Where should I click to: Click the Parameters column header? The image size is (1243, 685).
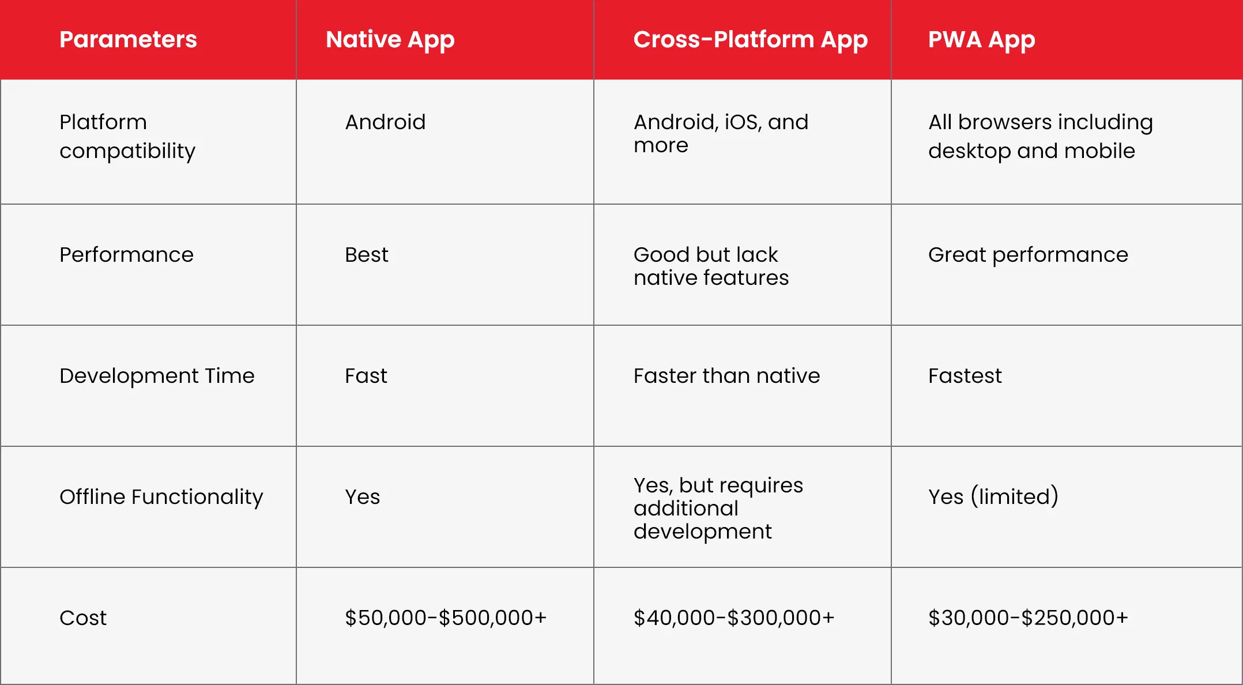point(128,39)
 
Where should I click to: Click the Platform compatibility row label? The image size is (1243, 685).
point(127,137)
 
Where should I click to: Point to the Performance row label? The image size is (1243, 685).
point(126,255)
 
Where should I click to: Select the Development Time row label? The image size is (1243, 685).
point(157,376)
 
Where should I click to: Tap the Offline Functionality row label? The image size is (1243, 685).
point(161,497)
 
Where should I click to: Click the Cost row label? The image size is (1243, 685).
point(83,618)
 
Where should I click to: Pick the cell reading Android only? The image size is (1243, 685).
point(385,122)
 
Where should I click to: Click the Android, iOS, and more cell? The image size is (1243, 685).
point(721,134)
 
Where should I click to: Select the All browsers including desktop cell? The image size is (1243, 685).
point(1041,137)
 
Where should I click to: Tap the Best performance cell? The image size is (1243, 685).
point(367,255)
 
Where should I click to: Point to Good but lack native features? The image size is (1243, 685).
point(711,266)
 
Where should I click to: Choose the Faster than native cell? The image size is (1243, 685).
point(726,376)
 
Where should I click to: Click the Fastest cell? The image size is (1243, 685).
point(965,376)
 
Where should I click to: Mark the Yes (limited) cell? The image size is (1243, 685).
point(993,496)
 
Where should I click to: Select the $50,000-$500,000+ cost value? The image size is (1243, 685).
point(446,618)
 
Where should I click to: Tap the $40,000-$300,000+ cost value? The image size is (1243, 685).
point(734,618)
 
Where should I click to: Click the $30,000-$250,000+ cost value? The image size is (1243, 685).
point(1028,618)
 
